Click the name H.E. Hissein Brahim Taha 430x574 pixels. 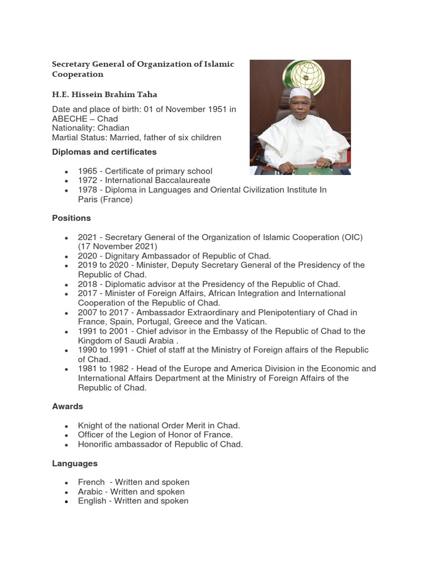click(109, 94)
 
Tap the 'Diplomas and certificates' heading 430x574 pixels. click(104, 152)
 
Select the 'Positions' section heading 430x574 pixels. click(71, 217)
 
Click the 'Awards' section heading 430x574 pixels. click(67, 406)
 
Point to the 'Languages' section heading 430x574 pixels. click(74, 464)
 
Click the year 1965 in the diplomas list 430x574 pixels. click(87, 171)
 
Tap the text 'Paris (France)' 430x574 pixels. click(105, 200)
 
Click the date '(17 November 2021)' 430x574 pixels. click(118, 247)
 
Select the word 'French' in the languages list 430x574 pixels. click(91, 482)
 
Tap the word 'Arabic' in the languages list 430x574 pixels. click(91, 492)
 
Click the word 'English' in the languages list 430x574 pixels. click(92, 501)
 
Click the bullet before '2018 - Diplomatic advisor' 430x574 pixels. click(67, 285)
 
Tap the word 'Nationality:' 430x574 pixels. click(72, 128)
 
